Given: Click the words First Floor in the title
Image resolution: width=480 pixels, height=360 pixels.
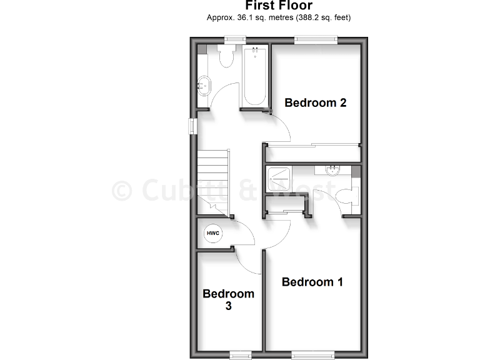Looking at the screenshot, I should [x=278, y=6].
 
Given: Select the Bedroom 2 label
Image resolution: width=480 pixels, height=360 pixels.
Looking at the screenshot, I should [x=315, y=102].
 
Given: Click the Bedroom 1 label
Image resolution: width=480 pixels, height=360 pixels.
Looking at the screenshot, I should [x=312, y=282].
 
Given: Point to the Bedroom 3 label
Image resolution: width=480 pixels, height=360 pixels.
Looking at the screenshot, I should [x=228, y=299].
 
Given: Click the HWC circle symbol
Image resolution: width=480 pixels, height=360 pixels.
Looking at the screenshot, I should [x=213, y=233].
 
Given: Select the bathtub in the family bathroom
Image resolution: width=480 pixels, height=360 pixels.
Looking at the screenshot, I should [x=254, y=76].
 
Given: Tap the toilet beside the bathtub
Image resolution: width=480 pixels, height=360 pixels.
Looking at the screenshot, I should [x=226, y=56].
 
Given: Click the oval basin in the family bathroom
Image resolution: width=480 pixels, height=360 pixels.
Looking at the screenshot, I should [x=204, y=86].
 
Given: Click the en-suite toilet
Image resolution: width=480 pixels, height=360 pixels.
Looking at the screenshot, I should [x=346, y=196].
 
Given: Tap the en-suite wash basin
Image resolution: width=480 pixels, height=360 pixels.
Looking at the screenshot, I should [x=332, y=170].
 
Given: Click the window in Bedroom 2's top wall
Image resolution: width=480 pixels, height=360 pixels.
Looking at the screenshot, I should [x=316, y=41].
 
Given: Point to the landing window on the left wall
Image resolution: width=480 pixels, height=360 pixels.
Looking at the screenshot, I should [x=192, y=125].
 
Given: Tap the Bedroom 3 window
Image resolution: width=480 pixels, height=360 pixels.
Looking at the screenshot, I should [x=240, y=355].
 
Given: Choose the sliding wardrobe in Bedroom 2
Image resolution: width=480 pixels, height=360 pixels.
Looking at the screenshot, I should [x=312, y=154].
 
